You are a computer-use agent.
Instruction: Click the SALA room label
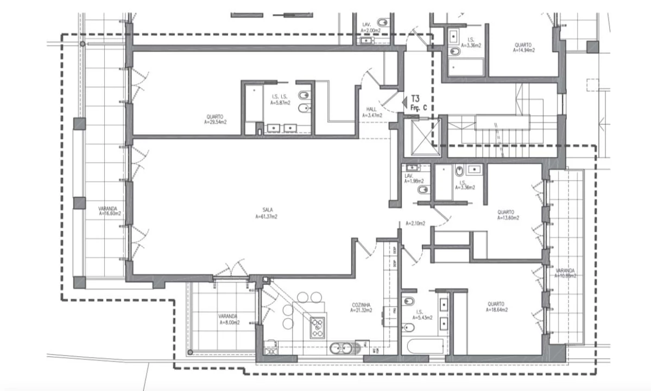[266, 213]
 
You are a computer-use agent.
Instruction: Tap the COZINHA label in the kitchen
[361, 308]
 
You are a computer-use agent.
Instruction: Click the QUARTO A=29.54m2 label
[216, 119]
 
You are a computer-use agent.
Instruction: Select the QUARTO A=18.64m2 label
[496, 307]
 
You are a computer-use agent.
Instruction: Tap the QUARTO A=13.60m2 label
[508, 215]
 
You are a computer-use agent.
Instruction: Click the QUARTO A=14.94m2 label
[523, 47]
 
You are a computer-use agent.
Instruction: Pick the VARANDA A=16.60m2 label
[109, 211]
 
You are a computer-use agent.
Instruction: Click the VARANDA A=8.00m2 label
[230, 319]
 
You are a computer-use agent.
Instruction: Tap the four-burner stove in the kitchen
[317, 328]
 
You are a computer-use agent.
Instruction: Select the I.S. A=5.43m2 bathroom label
[422, 315]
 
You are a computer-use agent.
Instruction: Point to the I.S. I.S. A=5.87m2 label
[280, 99]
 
